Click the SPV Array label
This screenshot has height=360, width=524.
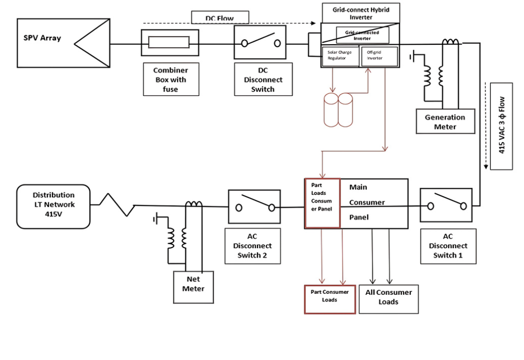click(x=42, y=38)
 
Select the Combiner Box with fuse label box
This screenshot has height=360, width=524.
click(x=171, y=80)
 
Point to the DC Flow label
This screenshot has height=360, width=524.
click(x=220, y=18)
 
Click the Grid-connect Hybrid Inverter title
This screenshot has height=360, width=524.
click(x=353, y=13)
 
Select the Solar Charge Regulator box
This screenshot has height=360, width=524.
click(x=340, y=55)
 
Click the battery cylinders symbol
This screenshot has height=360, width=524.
click(x=338, y=110)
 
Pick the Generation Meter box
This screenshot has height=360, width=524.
click(x=445, y=122)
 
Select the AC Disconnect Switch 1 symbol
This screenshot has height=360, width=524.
click(x=446, y=205)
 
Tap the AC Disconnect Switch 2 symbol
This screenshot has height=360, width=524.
click(x=255, y=206)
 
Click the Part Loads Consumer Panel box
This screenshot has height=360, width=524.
click(x=322, y=203)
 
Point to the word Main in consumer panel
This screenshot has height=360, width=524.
click(x=358, y=187)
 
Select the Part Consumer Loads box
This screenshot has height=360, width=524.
click(x=330, y=299)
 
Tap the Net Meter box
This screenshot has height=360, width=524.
click(x=193, y=286)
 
